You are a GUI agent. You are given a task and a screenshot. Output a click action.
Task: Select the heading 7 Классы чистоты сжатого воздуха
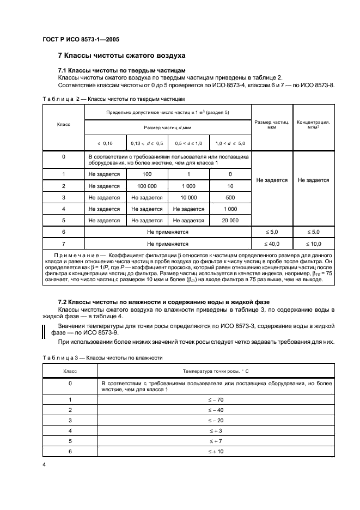coord(122,56)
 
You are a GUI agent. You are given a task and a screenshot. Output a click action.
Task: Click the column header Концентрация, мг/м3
coord(313,124)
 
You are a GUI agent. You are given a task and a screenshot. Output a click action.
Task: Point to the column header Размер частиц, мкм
coord(271,124)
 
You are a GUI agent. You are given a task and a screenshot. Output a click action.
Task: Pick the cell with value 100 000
coord(147,186)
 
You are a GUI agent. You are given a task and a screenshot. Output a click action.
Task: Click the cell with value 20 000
coord(230,220)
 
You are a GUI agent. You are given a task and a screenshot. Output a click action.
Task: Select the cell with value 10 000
coord(188,197)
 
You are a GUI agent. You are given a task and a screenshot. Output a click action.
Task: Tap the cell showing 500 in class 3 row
coord(230,197)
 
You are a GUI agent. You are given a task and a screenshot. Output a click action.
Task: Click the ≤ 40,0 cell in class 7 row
coord(271,245)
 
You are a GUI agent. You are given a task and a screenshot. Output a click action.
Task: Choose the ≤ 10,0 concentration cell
coord(313,245)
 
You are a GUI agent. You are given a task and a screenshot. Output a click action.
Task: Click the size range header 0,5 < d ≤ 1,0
coord(188,143)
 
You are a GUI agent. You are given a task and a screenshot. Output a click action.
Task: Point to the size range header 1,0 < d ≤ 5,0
coord(230,143)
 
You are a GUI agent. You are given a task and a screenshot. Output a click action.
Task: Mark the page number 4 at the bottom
coord(44,465)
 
